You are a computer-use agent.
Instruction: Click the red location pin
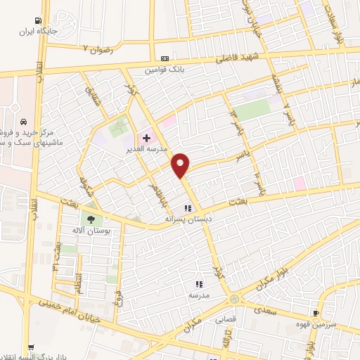click(x=181, y=165)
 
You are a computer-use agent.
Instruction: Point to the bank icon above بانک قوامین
click(x=165, y=58)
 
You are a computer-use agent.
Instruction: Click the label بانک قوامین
click(x=165, y=70)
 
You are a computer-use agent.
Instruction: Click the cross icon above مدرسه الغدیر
click(x=146, y=138)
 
